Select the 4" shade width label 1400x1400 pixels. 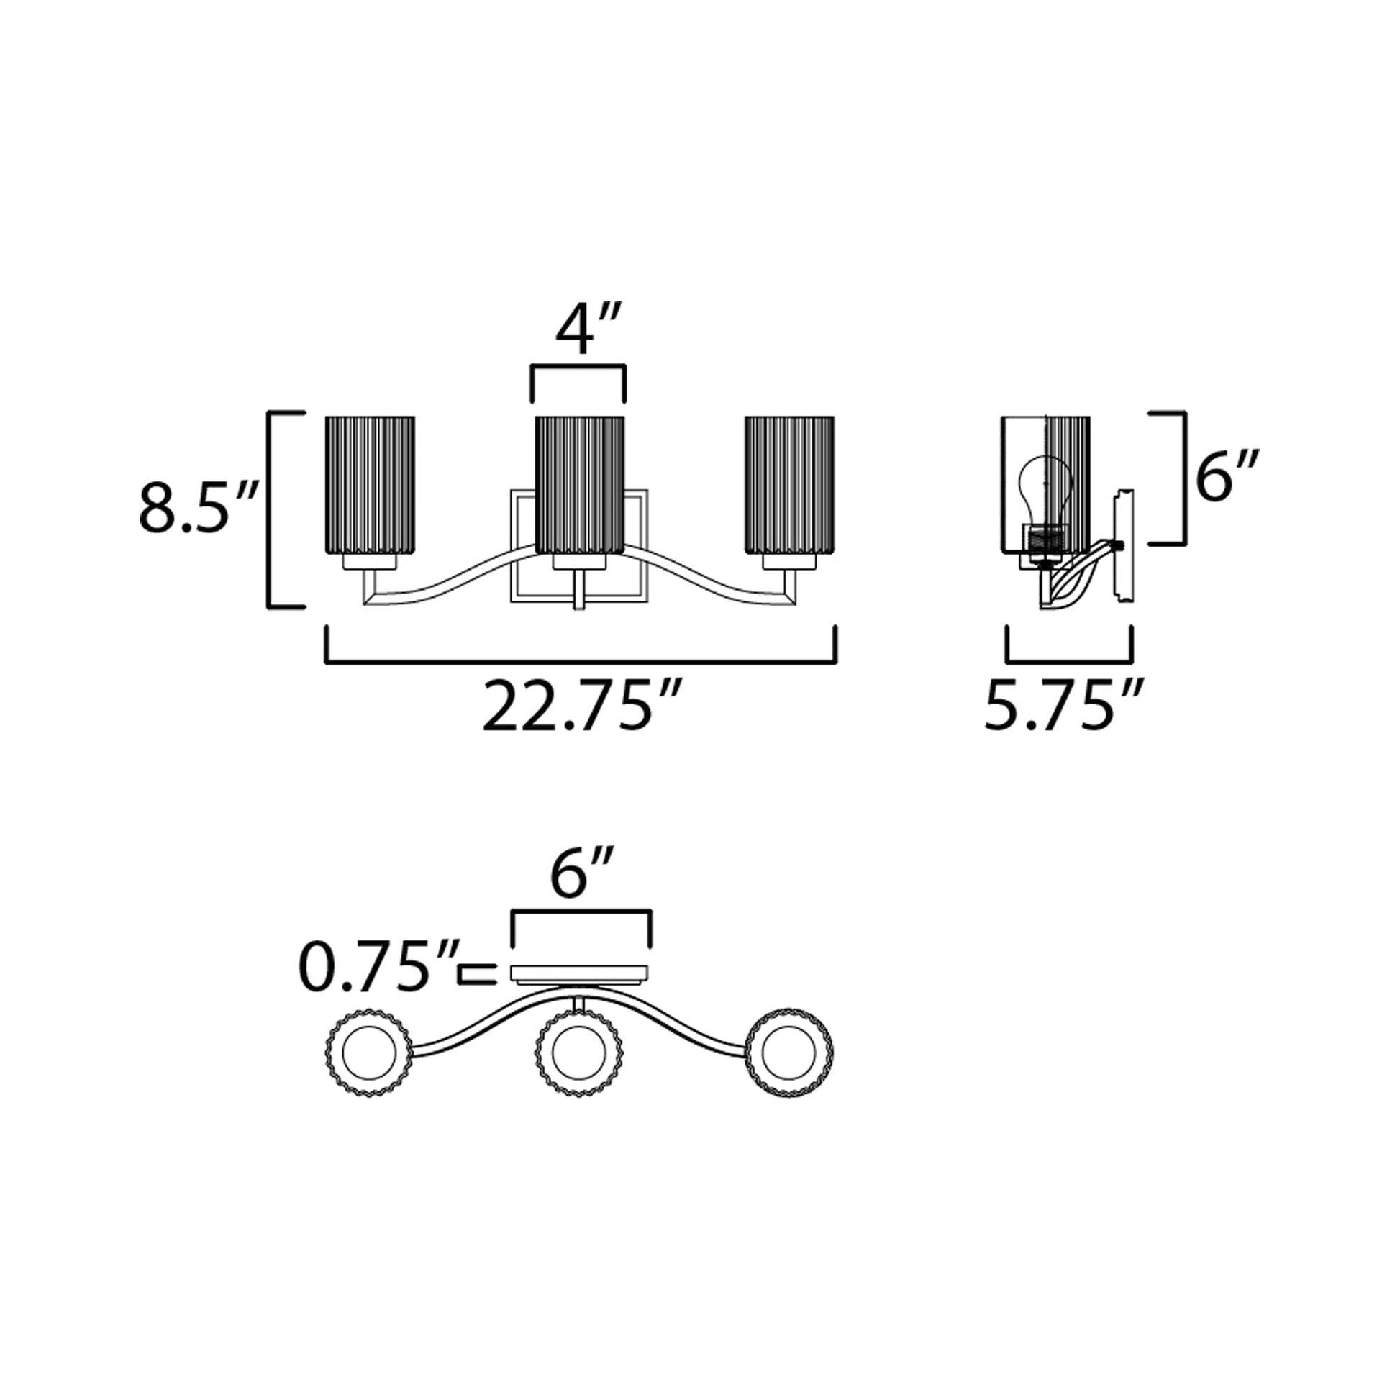(x=587, y=331)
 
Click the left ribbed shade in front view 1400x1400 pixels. (x=370, y=485)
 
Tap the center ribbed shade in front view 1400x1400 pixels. (x=579, y=485)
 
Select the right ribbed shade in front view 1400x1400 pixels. (x=789, y=485)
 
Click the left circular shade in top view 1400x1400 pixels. (x=370, y=1052)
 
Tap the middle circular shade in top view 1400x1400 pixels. (x=578, y=1052)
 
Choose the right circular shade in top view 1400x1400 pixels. (x=789, y=1052)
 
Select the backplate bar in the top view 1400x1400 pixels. (x=580, y=973)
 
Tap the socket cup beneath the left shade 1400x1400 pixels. (x=370, y=563)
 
